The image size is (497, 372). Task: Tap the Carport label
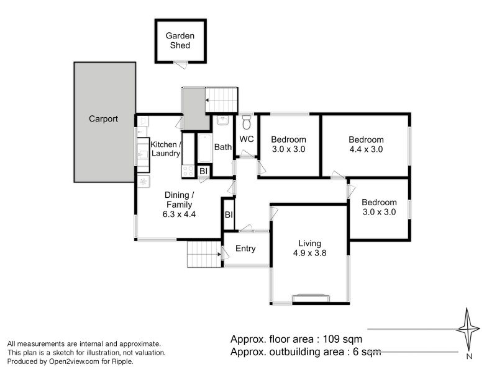coord(103,119)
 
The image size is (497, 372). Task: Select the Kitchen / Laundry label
coord(165,149)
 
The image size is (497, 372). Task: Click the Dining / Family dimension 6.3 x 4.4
coord(180,215)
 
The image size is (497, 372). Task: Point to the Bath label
coord(223,148)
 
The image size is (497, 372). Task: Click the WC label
coord(246,139)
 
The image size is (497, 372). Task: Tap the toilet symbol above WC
coord(246,120)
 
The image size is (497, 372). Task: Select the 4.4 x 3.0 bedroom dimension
coord(366,149)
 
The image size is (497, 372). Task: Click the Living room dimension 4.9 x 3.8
coord(309,252)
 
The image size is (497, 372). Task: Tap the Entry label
coord(245,249)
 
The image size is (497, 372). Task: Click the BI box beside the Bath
coord(203,170)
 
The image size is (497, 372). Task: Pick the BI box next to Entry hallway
coord(229,215)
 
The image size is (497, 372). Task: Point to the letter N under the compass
coord(470,356)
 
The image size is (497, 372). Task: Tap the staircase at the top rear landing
coord(222,99)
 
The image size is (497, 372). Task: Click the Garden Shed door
coord(180,62)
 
